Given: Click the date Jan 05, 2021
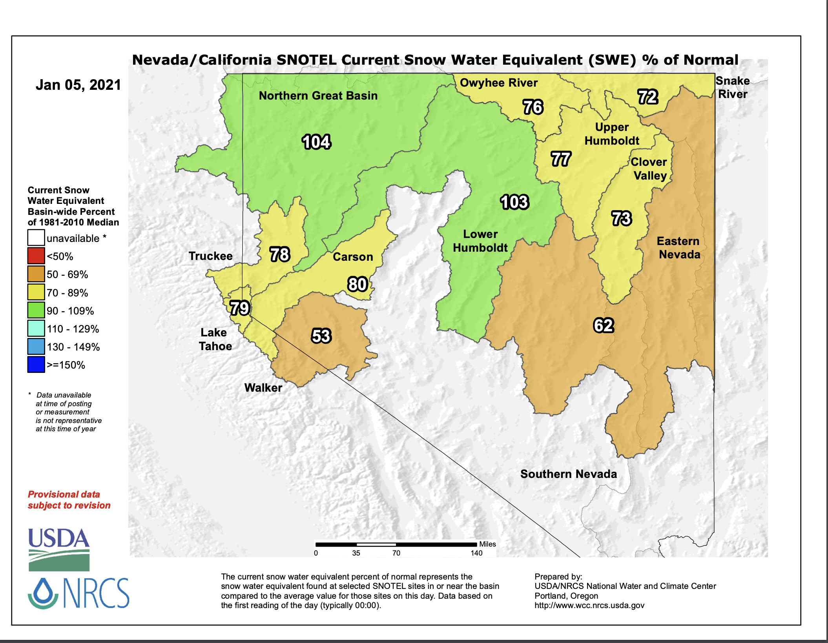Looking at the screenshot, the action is (x=78, y=85).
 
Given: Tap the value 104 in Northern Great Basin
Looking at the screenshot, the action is (x=316, y=142).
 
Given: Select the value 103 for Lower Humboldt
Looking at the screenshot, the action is (x=514, y=202).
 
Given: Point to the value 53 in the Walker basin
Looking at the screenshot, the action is (x=321, y=336).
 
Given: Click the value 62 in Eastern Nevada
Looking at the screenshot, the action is (x=604, y=325).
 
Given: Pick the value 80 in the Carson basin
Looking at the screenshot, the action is (x=357, y=284).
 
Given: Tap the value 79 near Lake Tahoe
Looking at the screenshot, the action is (x=240, y=308).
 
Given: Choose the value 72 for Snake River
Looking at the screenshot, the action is (x=647, y=97).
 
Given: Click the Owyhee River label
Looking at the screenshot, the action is (x=499, y=83).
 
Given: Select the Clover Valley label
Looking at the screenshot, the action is (x=649, y=169).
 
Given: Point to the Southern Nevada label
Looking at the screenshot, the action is (x=569, y=474).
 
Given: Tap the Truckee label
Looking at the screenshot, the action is (x=211, y=256).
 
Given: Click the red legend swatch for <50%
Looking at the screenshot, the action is (x=36, y=256).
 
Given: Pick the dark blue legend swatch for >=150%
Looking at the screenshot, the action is (x=36, y=365).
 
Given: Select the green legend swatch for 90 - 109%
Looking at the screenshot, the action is (x=36, y=310).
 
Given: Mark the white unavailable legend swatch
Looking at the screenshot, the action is (x=36, y=238).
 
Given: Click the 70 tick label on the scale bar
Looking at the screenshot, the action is (x=396, y=553).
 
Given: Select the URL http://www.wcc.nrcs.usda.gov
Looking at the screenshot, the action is (x=589, y=605).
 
